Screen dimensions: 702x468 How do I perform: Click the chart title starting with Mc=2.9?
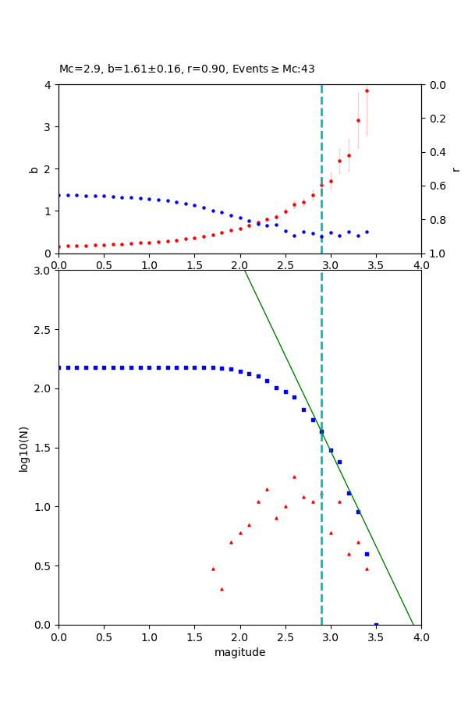coord(187,69)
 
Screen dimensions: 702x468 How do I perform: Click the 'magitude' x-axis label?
coord(239,653)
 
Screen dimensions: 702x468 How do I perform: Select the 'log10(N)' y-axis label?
coord(24,448)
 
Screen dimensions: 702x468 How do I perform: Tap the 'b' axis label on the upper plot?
coord(34,168)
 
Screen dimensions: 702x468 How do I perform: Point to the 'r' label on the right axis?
coord(456,168)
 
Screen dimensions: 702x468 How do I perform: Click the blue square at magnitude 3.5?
coord(376,625)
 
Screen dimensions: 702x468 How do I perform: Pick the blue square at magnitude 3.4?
coord(367,554)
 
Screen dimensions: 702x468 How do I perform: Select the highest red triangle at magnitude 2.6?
coord(294,477)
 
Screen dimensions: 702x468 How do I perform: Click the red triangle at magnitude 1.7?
coord(213,569)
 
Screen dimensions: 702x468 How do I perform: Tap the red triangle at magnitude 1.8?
coord(222,589)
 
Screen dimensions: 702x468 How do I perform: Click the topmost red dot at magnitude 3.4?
coord(367,90)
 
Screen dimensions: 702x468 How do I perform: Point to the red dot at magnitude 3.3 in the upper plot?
coord(358,120)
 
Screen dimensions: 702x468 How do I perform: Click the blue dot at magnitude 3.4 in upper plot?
coord(367,232)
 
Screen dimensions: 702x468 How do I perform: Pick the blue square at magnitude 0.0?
coord(59,367)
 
